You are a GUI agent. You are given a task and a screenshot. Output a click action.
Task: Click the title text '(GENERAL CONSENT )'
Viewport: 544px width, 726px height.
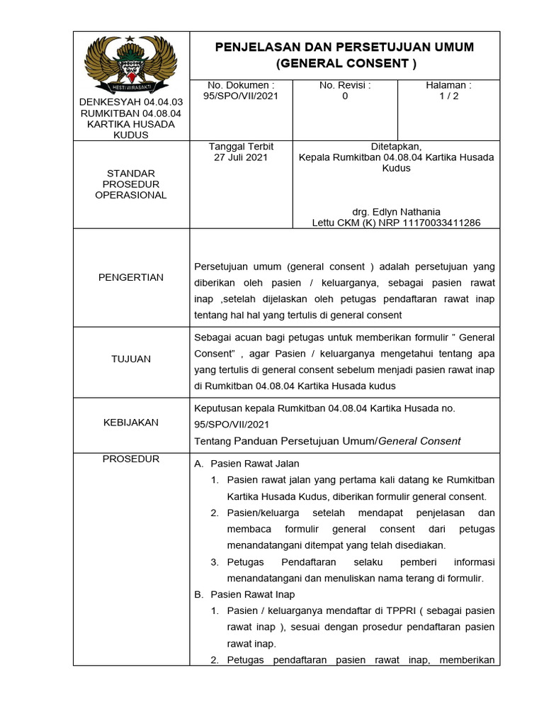point(345,64)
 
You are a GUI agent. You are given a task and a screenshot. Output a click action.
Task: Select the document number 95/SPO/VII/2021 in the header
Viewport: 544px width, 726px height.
point(240,96)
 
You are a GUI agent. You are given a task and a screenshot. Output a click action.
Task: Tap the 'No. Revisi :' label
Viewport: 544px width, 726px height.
point(345,85)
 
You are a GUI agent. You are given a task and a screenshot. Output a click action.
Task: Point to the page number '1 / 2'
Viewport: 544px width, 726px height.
point(449,96)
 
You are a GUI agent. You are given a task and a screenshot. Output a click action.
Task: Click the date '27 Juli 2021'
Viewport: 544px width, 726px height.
point(241,158)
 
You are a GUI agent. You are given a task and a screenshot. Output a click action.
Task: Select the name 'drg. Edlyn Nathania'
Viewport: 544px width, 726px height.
point(396,212)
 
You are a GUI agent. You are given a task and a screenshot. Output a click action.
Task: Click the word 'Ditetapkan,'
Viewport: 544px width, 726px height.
point(396,147)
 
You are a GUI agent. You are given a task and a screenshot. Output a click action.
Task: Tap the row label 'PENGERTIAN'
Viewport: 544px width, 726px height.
point(131,277)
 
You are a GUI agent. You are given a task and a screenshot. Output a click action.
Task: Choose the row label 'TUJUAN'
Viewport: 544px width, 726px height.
point(131,359)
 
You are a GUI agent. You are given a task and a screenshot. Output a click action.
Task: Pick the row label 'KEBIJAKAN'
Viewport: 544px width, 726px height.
point(131,423)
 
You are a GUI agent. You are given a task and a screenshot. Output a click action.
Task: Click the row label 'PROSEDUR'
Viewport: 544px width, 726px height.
point(131,459)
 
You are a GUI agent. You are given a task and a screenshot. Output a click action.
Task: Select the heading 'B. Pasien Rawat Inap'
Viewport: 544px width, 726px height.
point(244,594)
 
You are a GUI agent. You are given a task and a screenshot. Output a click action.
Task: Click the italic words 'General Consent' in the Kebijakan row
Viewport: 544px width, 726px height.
point(420,441)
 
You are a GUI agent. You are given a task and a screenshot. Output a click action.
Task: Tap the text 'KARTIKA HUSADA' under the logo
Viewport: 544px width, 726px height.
point(131,124)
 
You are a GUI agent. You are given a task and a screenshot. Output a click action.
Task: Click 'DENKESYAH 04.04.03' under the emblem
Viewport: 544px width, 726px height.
point(131,102)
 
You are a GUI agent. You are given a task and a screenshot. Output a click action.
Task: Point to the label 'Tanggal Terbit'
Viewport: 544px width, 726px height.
point(241,147)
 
